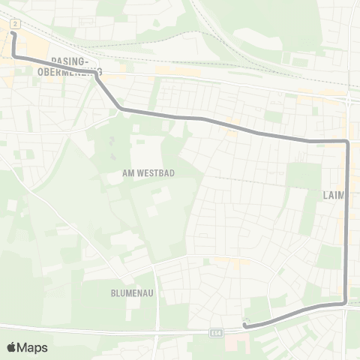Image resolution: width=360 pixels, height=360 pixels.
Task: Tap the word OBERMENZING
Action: (68, 72)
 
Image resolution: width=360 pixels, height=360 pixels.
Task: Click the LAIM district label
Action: (333, 195)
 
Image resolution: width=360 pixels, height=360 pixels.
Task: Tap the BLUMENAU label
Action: (131, 294)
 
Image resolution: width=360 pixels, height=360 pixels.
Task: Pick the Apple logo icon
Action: (11, 347)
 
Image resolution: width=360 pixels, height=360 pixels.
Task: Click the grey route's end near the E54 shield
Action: (245, 325)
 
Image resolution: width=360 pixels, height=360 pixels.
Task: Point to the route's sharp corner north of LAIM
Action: (347, 141)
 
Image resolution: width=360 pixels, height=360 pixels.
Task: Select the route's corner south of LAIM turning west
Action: (345, 302)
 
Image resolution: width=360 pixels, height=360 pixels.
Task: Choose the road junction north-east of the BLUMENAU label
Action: (155, 264)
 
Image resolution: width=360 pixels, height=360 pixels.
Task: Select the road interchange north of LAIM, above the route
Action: (349, 97)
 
